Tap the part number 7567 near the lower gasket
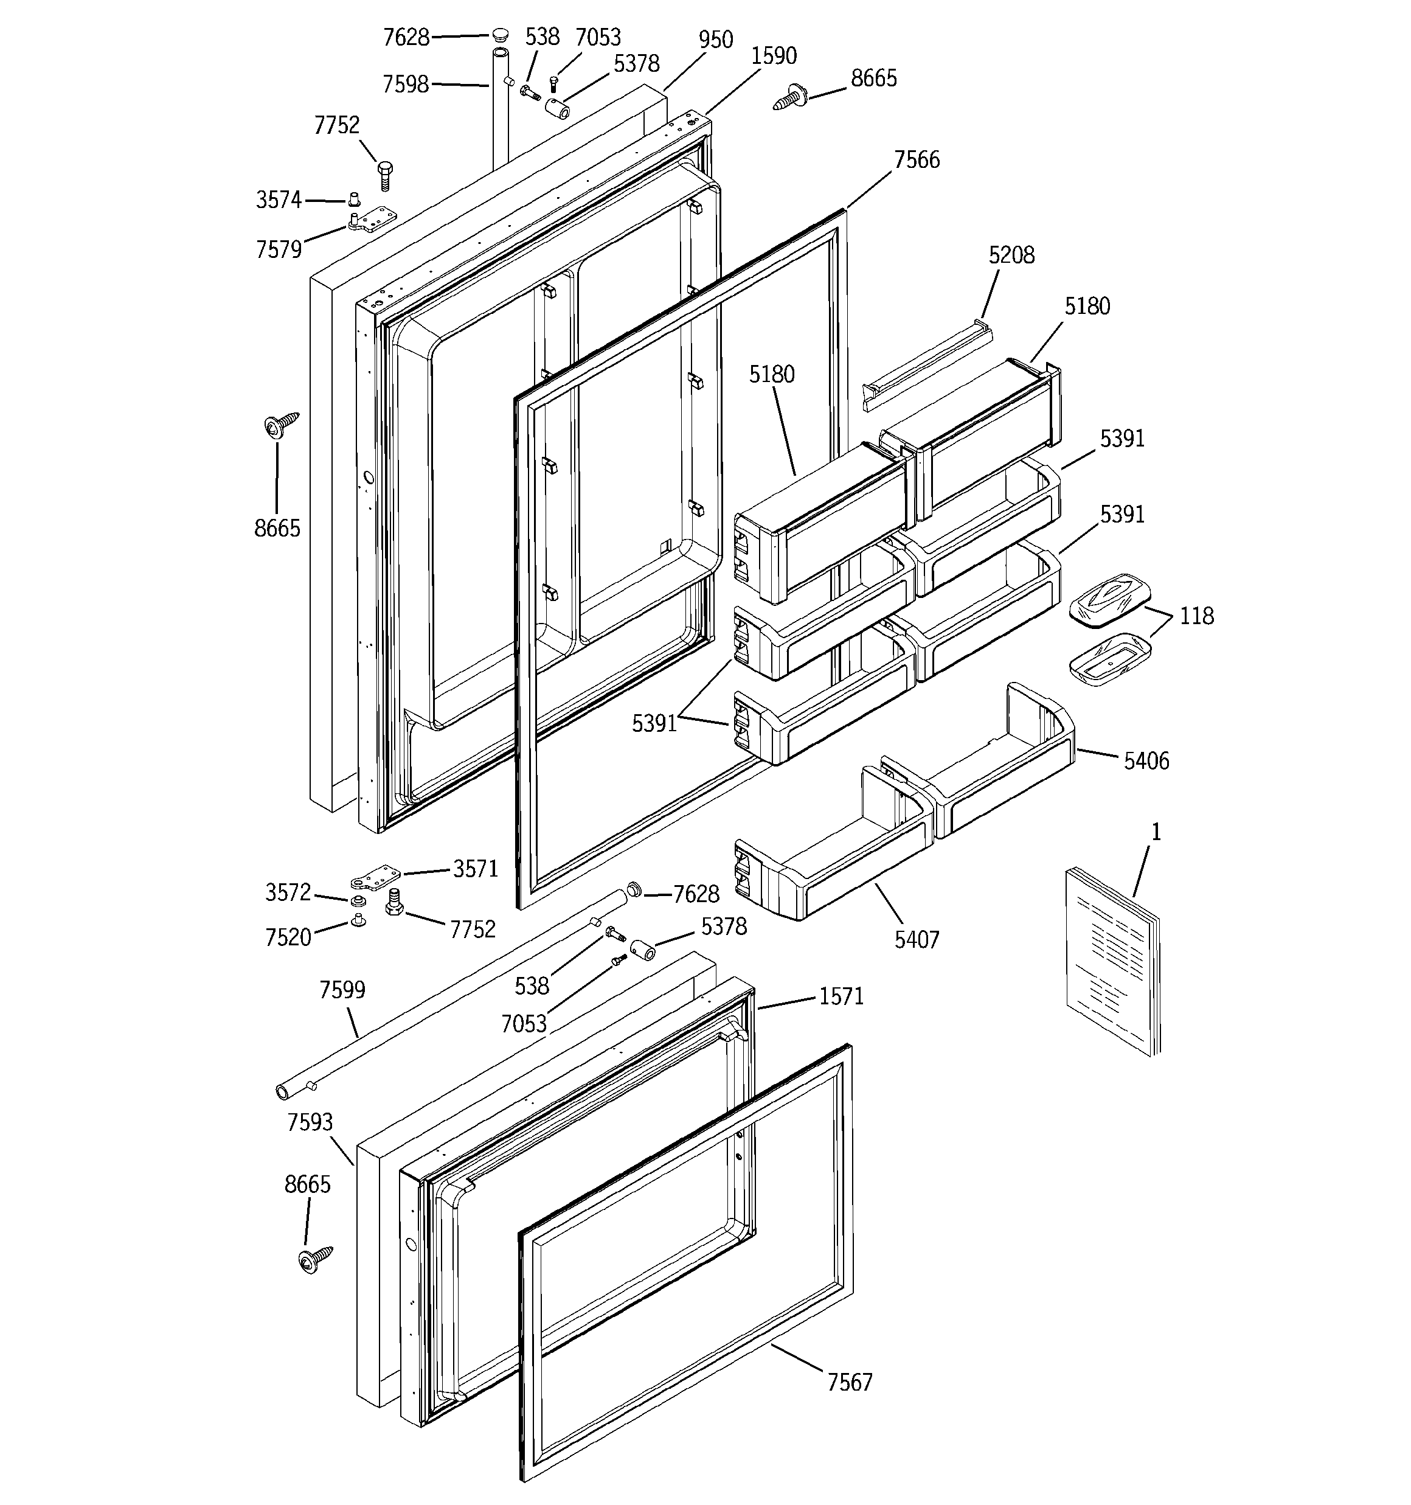pyautogui.click(x=849, y=1382)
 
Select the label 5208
pyautogui.click(x=1011, y=255)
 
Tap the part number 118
pyautogui.click(x=1196, y=616)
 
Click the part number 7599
pyautogui.click(x=342, y=990)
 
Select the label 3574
pyautogui.click(x=279, y=200)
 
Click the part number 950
pyautogui.click(x=715, y=40)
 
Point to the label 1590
pyautogui.click(x=774, y=55)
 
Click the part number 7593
pyautogui.click(x=310, y=1122)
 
